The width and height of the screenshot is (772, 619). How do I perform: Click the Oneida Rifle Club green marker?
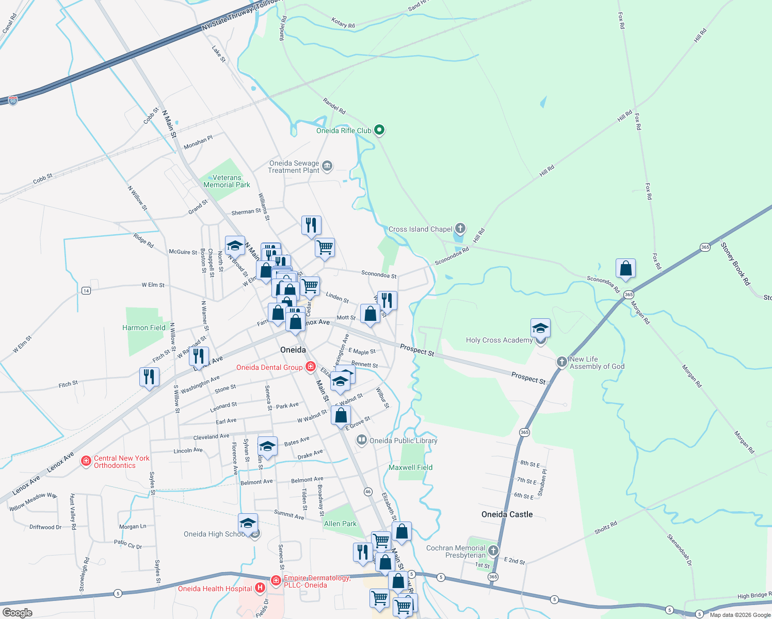coord(379,130)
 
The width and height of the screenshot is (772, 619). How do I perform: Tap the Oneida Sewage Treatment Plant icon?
coord(327,166)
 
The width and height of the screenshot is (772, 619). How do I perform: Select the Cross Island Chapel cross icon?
coord(460,229)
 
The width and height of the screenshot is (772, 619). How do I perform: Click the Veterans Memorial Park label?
coord(227,181)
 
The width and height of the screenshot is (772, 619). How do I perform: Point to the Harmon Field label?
coord(144,328)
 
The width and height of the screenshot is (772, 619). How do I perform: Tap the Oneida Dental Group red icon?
coord(310,367)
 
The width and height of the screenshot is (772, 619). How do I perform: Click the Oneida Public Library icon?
coord(362,440)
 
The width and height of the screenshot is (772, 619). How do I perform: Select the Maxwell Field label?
coord(410,467)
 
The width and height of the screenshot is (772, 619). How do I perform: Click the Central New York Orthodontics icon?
coord(86,461)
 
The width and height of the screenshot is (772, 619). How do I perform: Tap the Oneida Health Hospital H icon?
coord(260,588)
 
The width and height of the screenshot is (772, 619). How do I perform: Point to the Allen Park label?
coord(340,524)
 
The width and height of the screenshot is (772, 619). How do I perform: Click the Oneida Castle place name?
coord(507,514)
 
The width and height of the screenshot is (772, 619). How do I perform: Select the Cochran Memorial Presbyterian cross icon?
coord(493,550)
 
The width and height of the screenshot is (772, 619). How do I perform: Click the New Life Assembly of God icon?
coord(561,362)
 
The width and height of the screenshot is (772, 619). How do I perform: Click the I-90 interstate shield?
coord(13,101)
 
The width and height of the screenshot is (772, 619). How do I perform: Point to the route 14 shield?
coord(86,291)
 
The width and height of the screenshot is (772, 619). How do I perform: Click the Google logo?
coord(18,612)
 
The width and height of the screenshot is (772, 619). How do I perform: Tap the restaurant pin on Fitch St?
coord(149,377)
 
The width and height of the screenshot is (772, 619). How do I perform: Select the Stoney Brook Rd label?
coord(735,264)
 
